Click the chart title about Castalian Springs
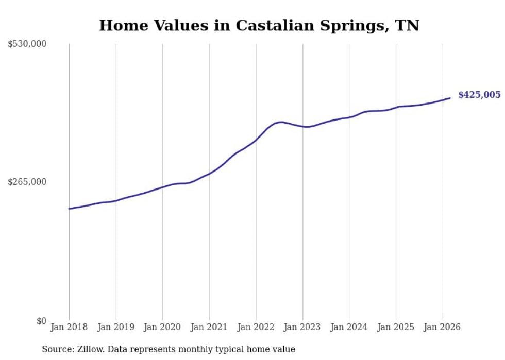coord(259,25)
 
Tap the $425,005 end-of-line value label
coord(479,95)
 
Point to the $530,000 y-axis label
coord(27,44)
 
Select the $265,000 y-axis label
coord(27,182)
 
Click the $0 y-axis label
coord(41,321)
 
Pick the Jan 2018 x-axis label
coord(69,327)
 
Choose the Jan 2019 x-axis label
coord(116,327)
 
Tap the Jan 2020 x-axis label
coord(162,327)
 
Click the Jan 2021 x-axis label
coord(209,327)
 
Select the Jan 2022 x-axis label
coord(256,327)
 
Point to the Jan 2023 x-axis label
coord(302,327)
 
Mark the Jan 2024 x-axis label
coord(349,327)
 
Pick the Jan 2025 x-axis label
coord(396,327)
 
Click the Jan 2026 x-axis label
coord(442,327)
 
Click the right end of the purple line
coord(450,98)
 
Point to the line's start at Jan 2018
coord(69,209)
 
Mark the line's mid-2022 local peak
coord(280,122)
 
